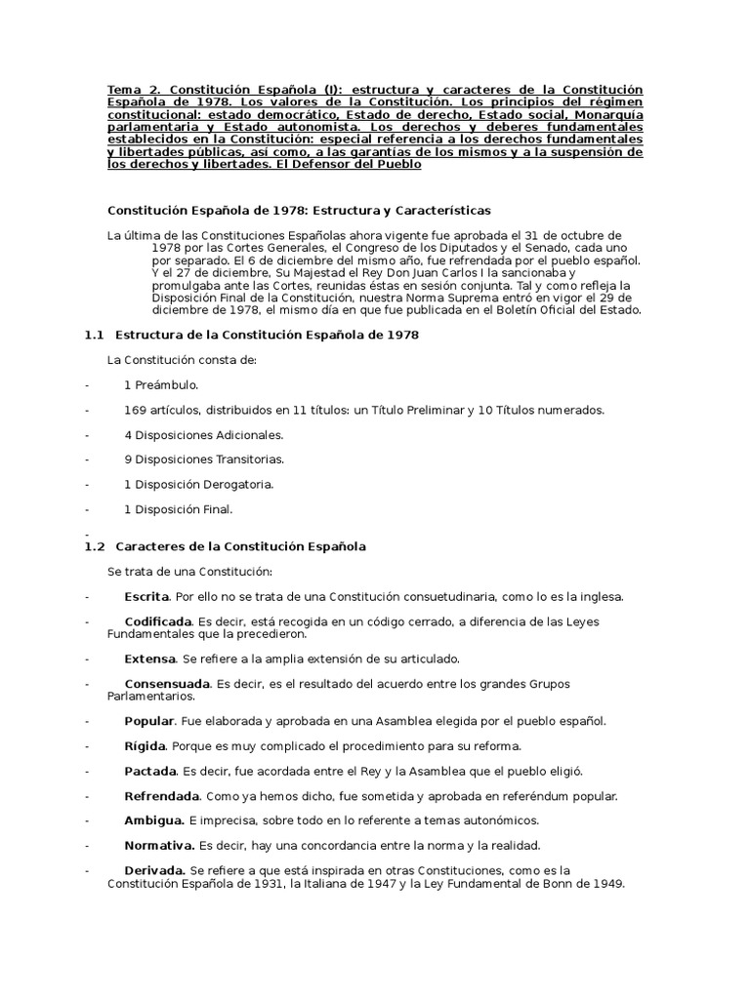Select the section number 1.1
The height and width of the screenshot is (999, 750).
94,335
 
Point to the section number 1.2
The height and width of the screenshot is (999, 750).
94,546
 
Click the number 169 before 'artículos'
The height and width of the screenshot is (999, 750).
136,410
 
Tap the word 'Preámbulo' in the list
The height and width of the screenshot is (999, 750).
166,385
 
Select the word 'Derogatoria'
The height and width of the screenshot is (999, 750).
237,484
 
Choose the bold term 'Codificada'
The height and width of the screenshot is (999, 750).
158,621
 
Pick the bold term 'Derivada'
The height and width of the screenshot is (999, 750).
154,870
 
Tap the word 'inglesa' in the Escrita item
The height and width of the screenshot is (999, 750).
599,596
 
